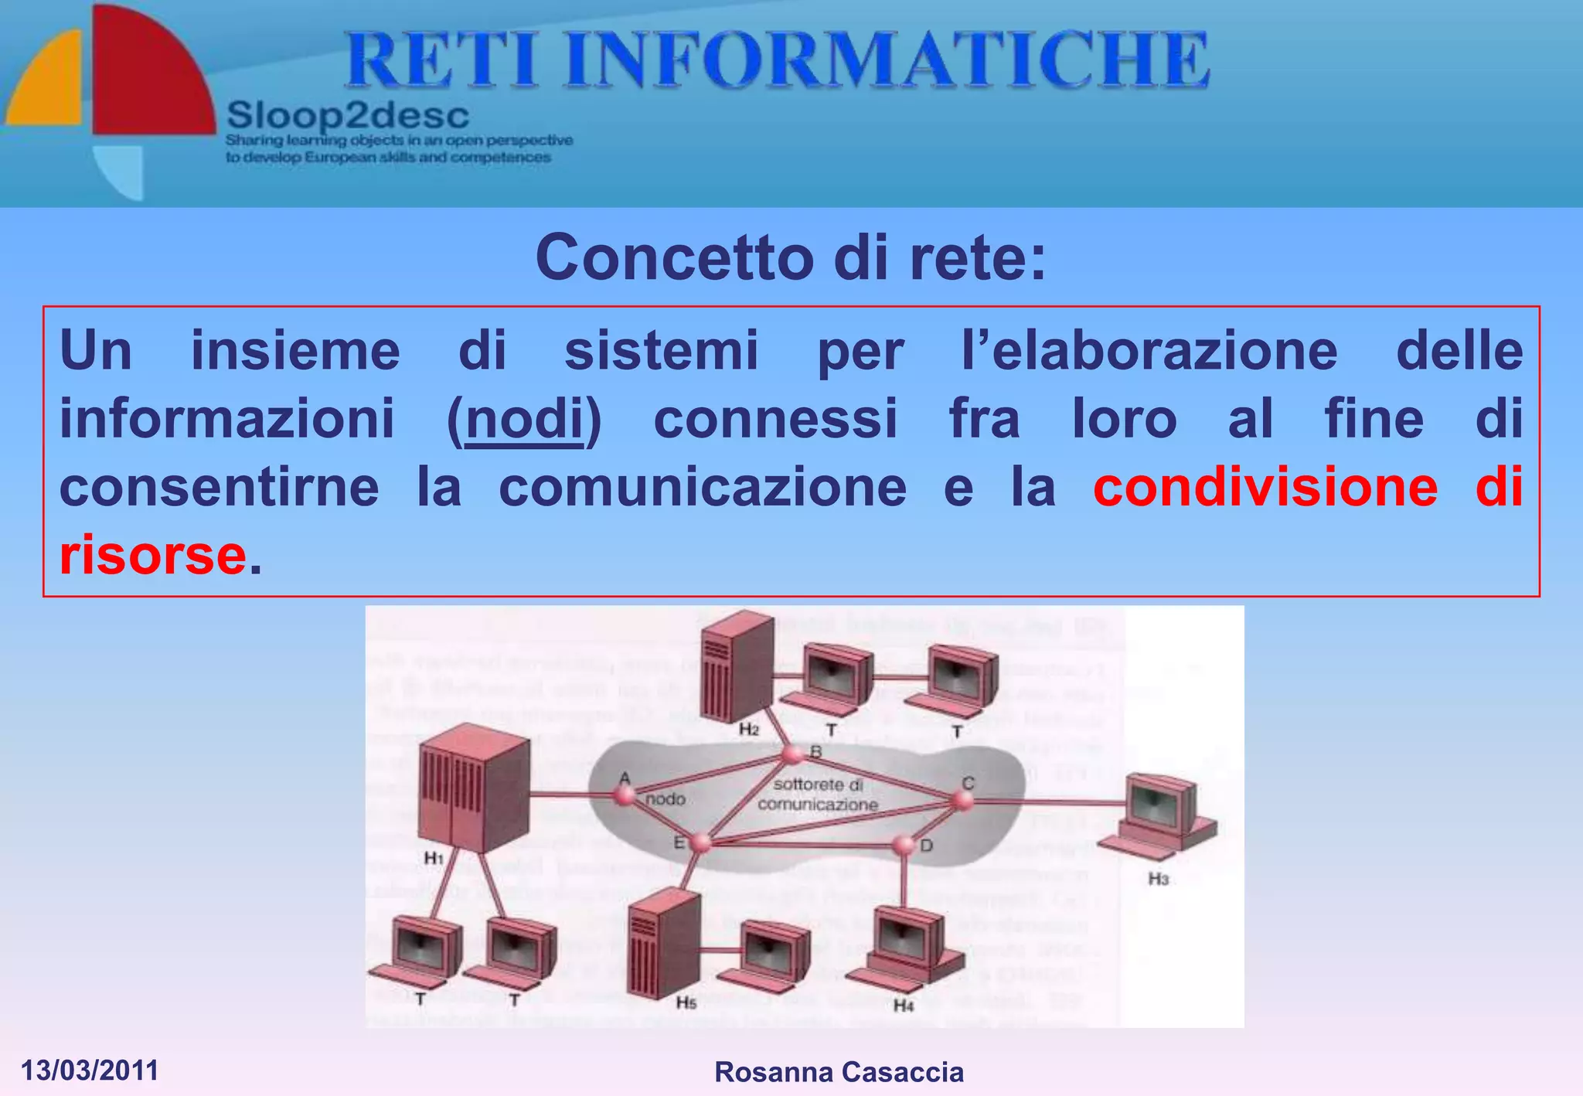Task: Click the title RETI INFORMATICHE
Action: coord(777,60)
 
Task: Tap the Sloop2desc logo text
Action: coord(348,117)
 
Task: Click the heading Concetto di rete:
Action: coord(790,257)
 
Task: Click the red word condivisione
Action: coord(1265,487)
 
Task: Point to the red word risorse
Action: coord(153,555)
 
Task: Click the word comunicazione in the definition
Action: coord(702,487)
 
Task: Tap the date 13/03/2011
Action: coord(90,1070)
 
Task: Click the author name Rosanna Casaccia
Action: coord(839,1072)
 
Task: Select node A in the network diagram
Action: coord(624,795)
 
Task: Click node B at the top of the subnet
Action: coord(792,754)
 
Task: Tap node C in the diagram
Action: coord(963,800)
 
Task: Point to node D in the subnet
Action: coord(903,846)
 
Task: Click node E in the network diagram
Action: coord(700,842)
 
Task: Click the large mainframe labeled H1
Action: coord(474,788)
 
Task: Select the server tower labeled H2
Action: coord(737,666)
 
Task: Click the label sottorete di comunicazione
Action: coord(818,795)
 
